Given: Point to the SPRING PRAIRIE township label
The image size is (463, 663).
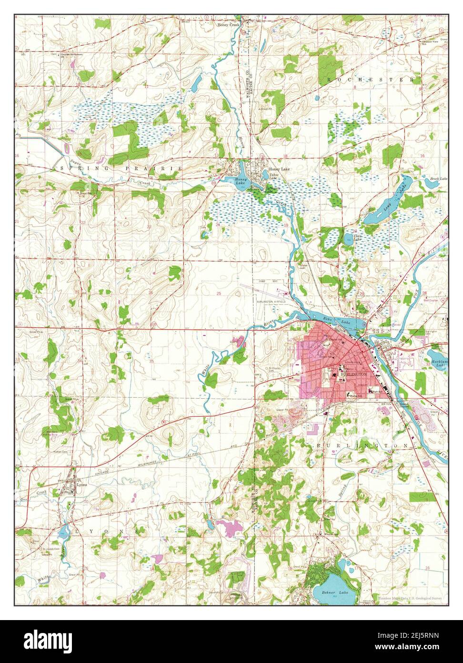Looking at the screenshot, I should tap(119, 169).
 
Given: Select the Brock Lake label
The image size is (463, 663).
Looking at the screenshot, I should tap(439, 179).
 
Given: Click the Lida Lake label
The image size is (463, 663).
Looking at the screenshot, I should tap(358, 237).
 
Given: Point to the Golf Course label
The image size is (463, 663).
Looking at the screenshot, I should tap(433, 301).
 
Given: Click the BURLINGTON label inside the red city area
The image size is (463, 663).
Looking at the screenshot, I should tap(354, 375).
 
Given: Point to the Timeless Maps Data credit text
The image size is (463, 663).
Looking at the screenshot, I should tap(410, 598).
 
